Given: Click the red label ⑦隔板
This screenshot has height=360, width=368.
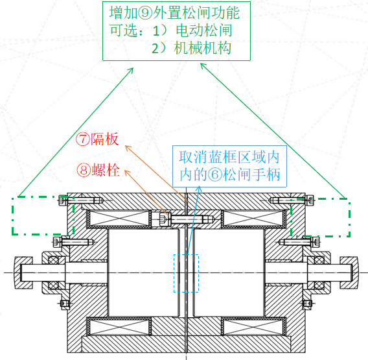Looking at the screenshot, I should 97,140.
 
